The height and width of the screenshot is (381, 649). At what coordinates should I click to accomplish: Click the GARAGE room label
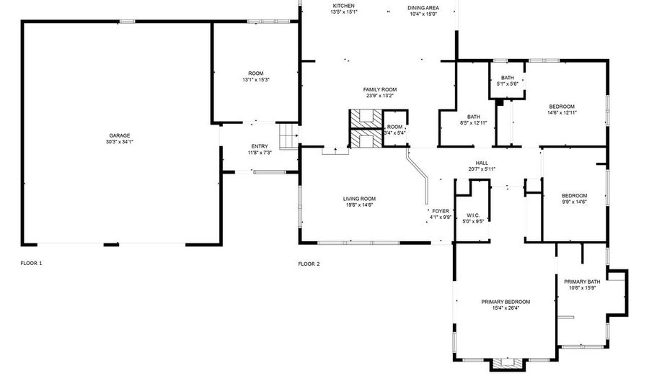tap(120, 135)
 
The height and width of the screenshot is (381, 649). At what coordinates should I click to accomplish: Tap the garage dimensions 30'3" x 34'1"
tap(120, 142)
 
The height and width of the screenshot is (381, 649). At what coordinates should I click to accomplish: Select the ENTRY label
tap(260, 146)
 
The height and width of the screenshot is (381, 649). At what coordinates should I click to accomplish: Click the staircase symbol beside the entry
tap(288, 136)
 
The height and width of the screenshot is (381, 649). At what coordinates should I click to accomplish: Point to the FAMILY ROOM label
tap(380, 90)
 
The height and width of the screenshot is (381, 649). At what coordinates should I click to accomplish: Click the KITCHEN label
tap(343, 6)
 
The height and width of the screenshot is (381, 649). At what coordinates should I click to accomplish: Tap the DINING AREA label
tap(423, 8)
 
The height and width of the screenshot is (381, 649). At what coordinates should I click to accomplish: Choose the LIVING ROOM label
tap(359, 199)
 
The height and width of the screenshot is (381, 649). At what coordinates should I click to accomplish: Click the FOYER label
tap(441, 211)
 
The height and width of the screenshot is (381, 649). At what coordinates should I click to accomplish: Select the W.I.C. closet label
tap(473, 215)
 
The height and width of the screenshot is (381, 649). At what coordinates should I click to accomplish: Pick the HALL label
tap(482, 163)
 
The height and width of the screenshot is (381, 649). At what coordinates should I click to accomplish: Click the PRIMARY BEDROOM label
tap(505, 302)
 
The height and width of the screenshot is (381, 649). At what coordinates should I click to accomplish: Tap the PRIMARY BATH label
tap(582, 282)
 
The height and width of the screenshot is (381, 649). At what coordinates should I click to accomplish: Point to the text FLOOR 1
tap(32, 263)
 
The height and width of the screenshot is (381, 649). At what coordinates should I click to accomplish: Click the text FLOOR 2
tap(309, 264)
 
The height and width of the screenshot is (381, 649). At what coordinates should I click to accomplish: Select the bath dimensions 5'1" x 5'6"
tap(508, 84)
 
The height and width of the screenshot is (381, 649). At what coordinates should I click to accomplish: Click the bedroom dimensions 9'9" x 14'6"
tap(574, 202)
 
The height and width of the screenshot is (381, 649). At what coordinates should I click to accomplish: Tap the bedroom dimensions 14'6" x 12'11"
tap(562, 112)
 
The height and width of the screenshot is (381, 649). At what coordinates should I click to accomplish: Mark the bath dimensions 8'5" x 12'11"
tap(474, 122)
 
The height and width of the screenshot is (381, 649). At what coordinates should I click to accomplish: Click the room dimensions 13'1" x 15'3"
tap(256, 79)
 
